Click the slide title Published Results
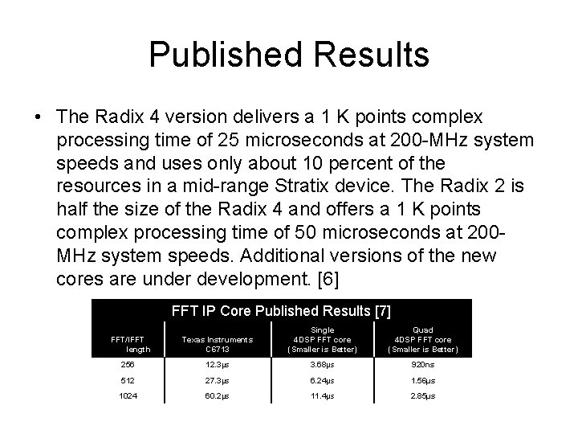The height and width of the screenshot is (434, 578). pyautogui.click(x=289, y=55)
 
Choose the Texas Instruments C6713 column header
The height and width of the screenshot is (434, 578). pyautogui.click(x=217, y=344)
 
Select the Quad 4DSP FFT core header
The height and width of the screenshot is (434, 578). pyautogui.click(x=422, y=338)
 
